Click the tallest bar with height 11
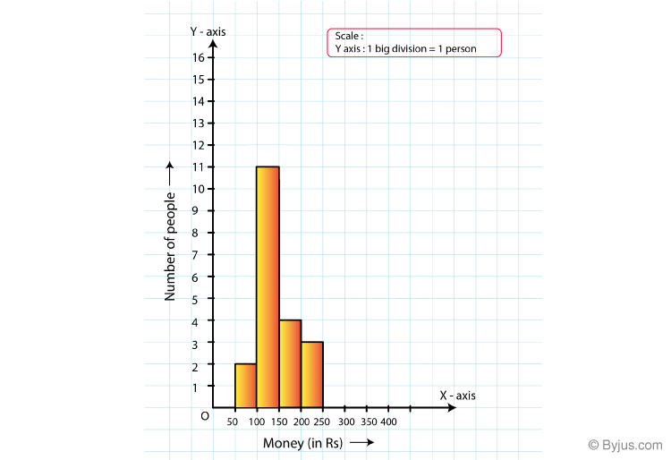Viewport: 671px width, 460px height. click(x=268, y=286)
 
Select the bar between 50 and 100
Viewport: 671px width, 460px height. click(x=246, y=386)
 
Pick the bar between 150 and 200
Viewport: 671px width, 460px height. click(x=290, y=363)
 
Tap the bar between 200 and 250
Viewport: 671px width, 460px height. click(x=312, y=374)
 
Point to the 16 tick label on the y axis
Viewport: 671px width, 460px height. click(x=199, y=57)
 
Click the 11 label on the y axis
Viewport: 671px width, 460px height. click(x=199, y=166)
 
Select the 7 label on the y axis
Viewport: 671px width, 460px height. click(x=195, y=255)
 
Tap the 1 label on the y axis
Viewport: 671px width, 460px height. click(x=195, y=388)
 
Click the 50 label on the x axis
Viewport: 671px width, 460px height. click(x=232, y=422)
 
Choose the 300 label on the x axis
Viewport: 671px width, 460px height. click(x=346, y=422)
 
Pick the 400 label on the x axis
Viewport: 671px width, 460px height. click(x=388, y=422)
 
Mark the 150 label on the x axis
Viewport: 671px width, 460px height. click(x=279, y=422)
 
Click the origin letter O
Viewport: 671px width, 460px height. click(x=205, y=416)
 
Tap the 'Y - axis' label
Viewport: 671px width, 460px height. click(x=208, y=31)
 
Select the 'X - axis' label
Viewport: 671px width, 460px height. click(x=457, y=396)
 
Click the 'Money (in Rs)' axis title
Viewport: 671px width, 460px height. click(x=303, y=443)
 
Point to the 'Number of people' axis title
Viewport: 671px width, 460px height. click(x=170, y=246)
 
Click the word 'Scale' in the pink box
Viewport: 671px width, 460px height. click(x=346, y=36)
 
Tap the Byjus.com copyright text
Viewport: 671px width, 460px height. click(x=625, y=445)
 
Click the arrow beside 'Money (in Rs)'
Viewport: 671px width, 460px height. click(x=362, y=442)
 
